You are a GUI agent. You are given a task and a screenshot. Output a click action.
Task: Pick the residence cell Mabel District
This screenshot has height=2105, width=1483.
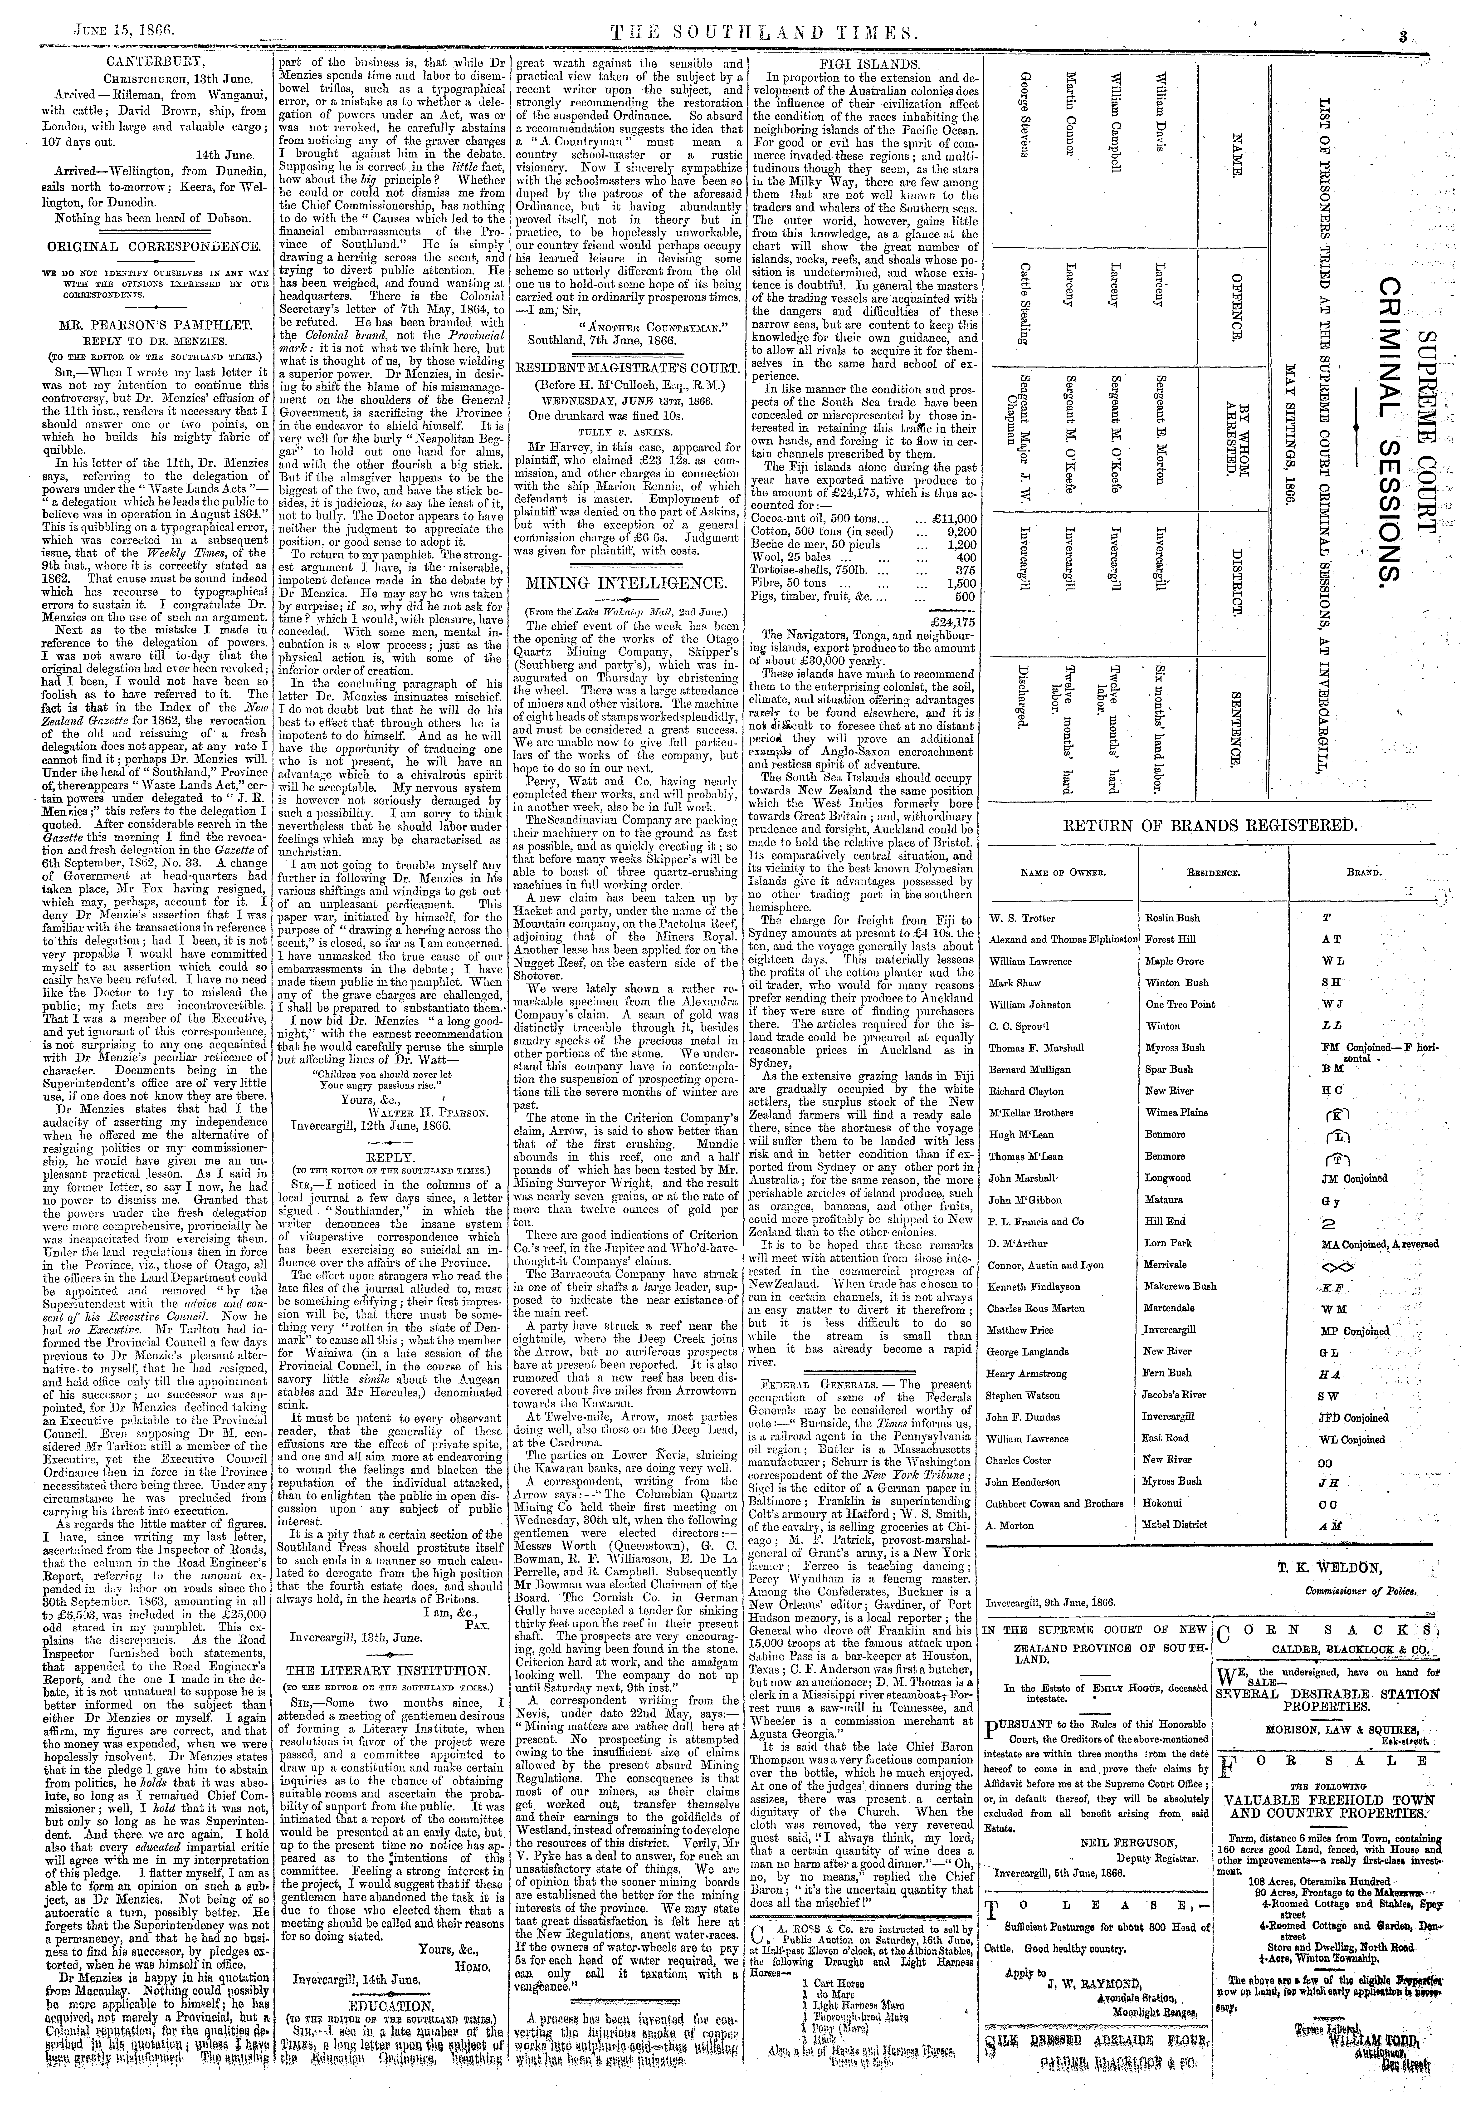1177,1525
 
